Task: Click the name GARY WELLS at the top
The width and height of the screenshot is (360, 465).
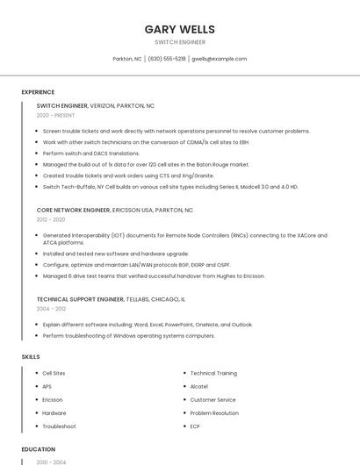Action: coord(180,30)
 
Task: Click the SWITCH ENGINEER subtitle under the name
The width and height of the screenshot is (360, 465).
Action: coord(180,42)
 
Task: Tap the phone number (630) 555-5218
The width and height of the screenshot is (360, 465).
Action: coord(167,59)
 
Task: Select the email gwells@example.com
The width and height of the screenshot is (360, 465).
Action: coord(219,59)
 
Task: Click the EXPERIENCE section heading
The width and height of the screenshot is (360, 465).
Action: coord(38,92)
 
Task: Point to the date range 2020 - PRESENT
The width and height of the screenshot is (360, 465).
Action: coord(56,115)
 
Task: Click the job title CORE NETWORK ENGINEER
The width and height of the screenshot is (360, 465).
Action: coord(74,211)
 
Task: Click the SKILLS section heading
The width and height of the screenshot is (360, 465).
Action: coord(31,357)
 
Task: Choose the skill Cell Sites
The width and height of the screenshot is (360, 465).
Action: coord(54,374)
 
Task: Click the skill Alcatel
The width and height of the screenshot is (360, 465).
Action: coord(199,387)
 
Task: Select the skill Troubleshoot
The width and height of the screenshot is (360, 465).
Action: coord(59,426)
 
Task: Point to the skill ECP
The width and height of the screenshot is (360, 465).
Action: coord(195,426)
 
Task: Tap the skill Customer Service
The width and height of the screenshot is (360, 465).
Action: coord(213,400)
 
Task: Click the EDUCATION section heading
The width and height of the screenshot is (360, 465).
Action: coord(38,449)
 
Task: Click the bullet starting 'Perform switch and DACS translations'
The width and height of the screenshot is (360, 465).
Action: coord(91,153)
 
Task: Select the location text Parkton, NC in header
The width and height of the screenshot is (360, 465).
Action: coord(127,59)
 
